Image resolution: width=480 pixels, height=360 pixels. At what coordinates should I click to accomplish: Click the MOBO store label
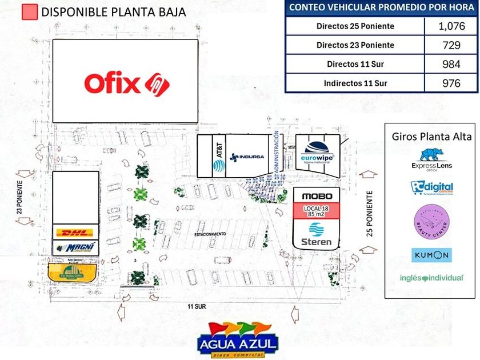(317, 196)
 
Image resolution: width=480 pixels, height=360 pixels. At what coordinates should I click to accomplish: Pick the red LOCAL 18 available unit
(317, 210)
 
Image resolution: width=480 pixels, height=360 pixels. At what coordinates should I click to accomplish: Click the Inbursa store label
(246, 156)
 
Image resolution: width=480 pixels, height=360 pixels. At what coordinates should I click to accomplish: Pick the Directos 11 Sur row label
(355, 64)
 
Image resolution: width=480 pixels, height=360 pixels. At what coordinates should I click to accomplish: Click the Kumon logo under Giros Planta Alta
(431, 255)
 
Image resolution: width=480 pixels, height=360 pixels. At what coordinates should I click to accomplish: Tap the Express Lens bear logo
(432, 155)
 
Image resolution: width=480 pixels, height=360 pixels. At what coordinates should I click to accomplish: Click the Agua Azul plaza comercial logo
(238, 341)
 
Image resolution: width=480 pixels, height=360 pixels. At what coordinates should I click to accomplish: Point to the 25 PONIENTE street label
(370, 216)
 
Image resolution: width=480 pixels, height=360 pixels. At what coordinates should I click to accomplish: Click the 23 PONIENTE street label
(19, 195)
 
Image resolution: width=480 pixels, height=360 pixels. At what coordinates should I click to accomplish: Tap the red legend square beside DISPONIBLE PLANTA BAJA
(29, 12)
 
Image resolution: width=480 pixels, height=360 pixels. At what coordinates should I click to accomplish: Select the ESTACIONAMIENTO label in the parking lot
(210, 234)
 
